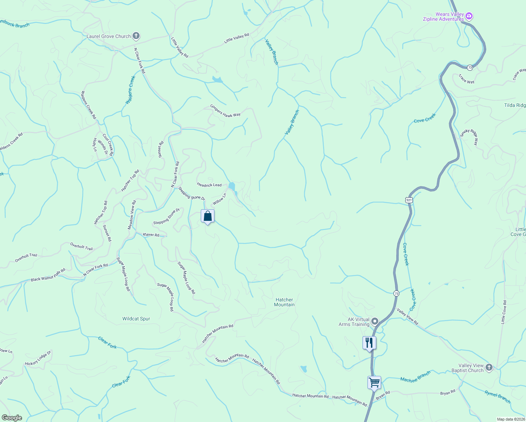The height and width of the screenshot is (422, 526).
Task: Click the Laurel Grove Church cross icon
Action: tap(136, 36)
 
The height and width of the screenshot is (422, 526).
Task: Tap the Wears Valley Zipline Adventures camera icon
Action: tap(469, 17)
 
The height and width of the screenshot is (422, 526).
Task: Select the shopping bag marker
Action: tap(207, 216)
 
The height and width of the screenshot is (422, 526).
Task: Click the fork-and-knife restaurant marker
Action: tap(369, 343)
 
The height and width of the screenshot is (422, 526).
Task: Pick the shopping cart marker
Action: tap(374, 382)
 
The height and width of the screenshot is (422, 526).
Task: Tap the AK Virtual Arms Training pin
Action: tap(375, 321)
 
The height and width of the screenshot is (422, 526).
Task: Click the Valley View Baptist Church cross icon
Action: tap(489, 368)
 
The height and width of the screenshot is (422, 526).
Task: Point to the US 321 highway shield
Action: tap(409, 200)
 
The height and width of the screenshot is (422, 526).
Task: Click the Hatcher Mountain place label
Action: tap(284, 302)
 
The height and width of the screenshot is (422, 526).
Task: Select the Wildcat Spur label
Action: tap(136, 319)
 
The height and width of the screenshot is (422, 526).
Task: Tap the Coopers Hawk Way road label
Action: tap(225, 110)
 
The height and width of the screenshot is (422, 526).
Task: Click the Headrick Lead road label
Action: tap(209, 185)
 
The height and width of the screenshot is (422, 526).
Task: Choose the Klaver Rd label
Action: tap(151, 235)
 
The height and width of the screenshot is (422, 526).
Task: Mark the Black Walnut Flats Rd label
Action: tap(48, 275)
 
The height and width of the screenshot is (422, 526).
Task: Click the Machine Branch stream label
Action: tap(415, 377)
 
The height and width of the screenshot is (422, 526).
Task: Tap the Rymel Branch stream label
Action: tap(497, 397)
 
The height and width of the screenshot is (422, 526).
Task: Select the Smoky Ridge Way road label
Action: tap(469, 136)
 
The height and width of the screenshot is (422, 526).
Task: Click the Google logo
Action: tap(12, 418)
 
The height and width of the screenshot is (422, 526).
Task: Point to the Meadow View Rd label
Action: tap(132, 215)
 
